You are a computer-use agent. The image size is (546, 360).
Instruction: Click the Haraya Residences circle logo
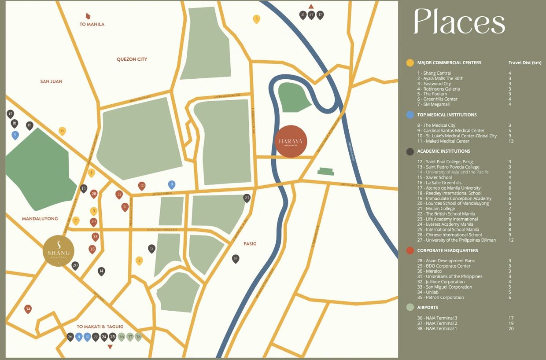(291, 141)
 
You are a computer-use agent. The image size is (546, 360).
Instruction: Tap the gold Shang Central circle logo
(59, 251)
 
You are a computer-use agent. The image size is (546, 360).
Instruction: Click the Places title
(459, 22)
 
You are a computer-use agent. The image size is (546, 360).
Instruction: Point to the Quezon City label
(132, 59)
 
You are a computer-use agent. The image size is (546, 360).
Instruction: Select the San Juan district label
(51, 81)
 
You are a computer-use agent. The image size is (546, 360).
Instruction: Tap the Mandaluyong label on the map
(40, 219)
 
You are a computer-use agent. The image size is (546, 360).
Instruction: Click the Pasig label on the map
(250, 244)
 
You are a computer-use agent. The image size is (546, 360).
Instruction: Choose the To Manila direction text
(92, 25)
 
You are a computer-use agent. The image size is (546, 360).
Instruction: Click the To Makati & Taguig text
(100, 327)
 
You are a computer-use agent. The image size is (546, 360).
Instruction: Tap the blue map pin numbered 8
(172, 184)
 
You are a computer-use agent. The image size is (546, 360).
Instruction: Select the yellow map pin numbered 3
(257, 18)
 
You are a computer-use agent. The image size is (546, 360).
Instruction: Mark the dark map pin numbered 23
(247, 198)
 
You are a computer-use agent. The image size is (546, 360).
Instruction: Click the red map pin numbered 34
(28, 309)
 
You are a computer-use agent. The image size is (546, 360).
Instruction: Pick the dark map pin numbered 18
(236, 258)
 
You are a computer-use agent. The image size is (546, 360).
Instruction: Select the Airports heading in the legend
(427, 308)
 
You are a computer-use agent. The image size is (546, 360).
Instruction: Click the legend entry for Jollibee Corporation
(444, 282)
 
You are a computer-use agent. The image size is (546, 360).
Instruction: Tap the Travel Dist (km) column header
(525, 63)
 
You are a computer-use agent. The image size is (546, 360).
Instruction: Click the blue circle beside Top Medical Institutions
(410, 115)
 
